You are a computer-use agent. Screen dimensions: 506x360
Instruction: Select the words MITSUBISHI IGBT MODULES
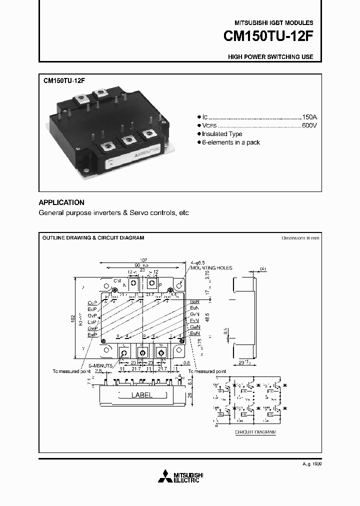(x=274, y=23)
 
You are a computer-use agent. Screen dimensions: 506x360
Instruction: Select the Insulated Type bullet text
(x=222, y=134)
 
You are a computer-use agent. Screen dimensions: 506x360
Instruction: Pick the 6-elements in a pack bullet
(x=231, y=142)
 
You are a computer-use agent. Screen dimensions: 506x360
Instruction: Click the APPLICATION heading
(x=61, y=202)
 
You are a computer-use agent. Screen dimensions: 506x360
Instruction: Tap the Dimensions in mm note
(x=300, y=238)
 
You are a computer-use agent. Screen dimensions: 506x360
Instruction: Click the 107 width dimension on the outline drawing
(x=143, y=259)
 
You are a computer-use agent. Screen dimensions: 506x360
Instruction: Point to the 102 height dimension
(x=72, y=318)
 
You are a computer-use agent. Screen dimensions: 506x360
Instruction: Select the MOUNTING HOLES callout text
(x=212, y=268)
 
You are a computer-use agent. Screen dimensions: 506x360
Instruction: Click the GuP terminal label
(x=92, y=303)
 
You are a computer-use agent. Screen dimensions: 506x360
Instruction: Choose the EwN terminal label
(x=194, y=333)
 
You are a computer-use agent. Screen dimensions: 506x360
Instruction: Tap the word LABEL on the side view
(x=141, y=395)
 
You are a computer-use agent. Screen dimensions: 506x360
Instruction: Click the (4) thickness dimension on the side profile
(x=263, y=269)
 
